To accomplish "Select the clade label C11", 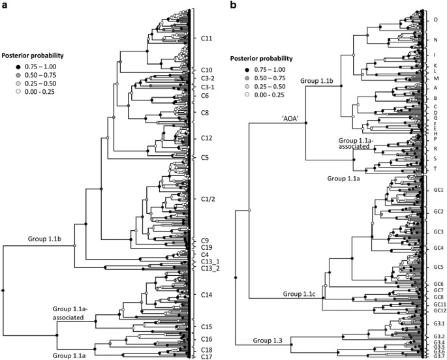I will point(208,38).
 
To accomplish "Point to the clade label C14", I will point(208,295).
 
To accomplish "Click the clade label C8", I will point(205,112).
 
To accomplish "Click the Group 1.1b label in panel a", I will point(44,239).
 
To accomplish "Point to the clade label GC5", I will point(438,267).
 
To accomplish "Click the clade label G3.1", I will point(439,323).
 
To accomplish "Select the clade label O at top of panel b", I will point(435,20).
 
